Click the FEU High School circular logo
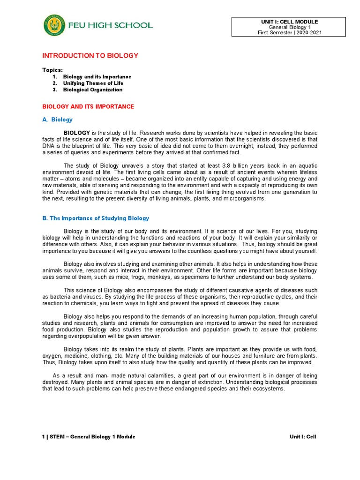(54, 25)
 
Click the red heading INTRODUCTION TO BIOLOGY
(90, 55)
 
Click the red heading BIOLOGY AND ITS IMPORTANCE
(88, 106)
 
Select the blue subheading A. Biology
(57, 120)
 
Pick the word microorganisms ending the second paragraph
(246, 198)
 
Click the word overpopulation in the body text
(91, 336)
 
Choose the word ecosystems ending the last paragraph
(269, 389)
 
